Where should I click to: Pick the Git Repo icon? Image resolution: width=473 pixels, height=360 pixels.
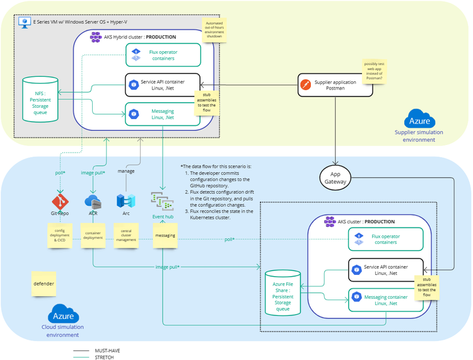tap(60, 202)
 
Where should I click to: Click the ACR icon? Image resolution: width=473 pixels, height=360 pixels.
tap(93, 202)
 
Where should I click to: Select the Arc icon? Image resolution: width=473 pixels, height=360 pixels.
tap(124, 202)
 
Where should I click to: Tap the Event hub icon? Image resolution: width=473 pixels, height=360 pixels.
tap(161, 200)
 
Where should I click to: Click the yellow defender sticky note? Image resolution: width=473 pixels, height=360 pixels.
tap(44, 284)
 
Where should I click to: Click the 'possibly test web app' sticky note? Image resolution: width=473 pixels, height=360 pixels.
tap(373, 71)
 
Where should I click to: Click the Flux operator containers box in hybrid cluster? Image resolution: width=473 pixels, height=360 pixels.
tap(163, 55)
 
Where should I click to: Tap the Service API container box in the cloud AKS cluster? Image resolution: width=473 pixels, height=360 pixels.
tap(387, 270)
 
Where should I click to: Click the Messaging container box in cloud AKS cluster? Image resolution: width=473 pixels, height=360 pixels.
tap(387, 299)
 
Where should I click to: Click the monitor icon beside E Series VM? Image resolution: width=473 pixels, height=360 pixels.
tap(26, 22)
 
